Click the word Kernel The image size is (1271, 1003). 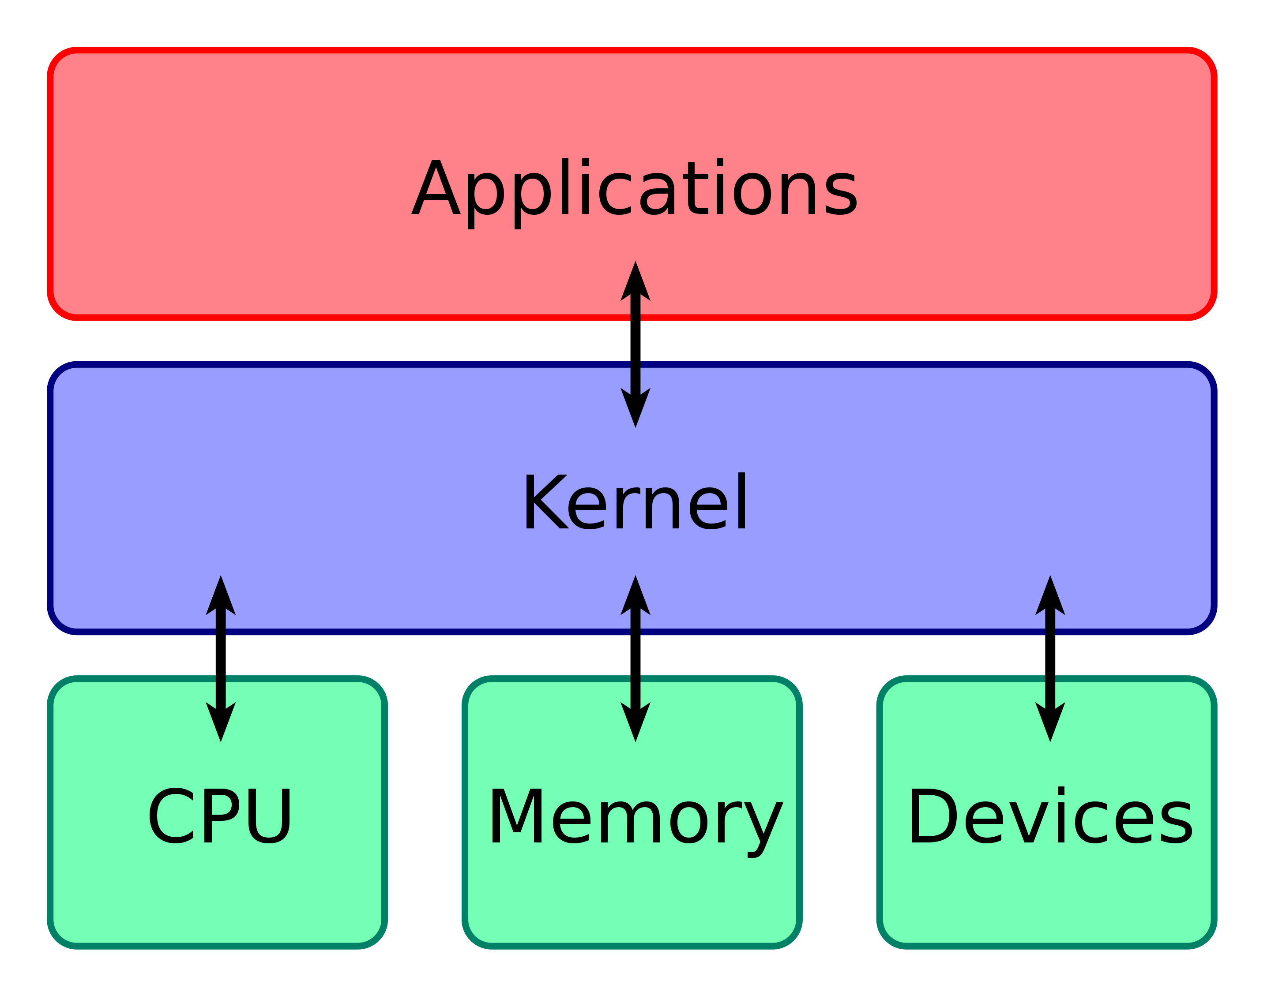[635, 502]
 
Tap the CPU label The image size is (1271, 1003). [220, 816]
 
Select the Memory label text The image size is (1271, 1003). [635, 817]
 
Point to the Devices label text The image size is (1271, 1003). [1049, 816]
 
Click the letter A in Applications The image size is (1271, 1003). [435, 188]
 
